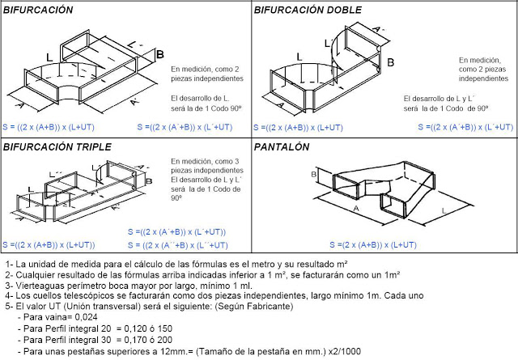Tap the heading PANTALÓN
(x=282, y=147)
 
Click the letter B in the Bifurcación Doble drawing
(x=390, y=62)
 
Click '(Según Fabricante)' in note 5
(x=244, y=307)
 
